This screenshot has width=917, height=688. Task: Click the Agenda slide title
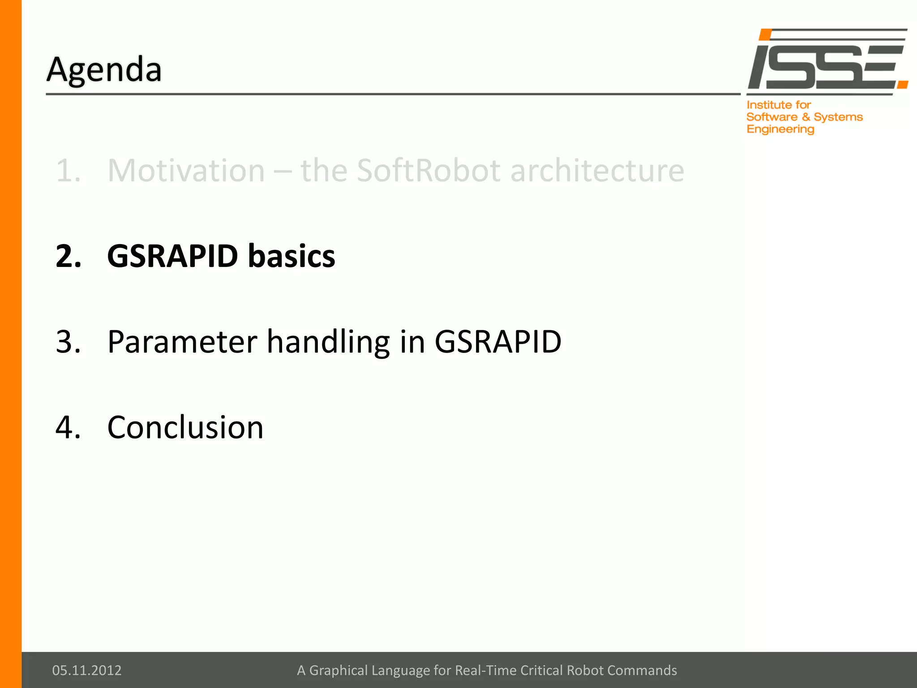pos(104,70)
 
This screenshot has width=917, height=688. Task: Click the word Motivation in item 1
pos(186,171)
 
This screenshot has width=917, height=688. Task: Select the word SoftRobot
pos(429,171)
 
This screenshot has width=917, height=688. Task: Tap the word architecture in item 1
pos(597,171)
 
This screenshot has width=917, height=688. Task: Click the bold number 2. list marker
pos(69,256)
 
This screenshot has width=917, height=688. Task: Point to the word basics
pos(291,256)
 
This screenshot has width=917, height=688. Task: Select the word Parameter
pos(182,342)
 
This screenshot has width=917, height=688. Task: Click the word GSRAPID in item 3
pos(498,342)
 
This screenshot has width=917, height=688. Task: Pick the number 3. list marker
pos(69,342)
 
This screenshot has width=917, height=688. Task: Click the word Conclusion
pos(185,427)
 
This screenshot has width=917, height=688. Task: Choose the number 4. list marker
pos(69,427)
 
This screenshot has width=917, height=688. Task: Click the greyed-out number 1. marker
pos(69,171)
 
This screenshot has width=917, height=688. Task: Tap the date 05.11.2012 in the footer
pos(87,670)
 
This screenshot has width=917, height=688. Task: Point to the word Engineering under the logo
pos(780,129)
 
